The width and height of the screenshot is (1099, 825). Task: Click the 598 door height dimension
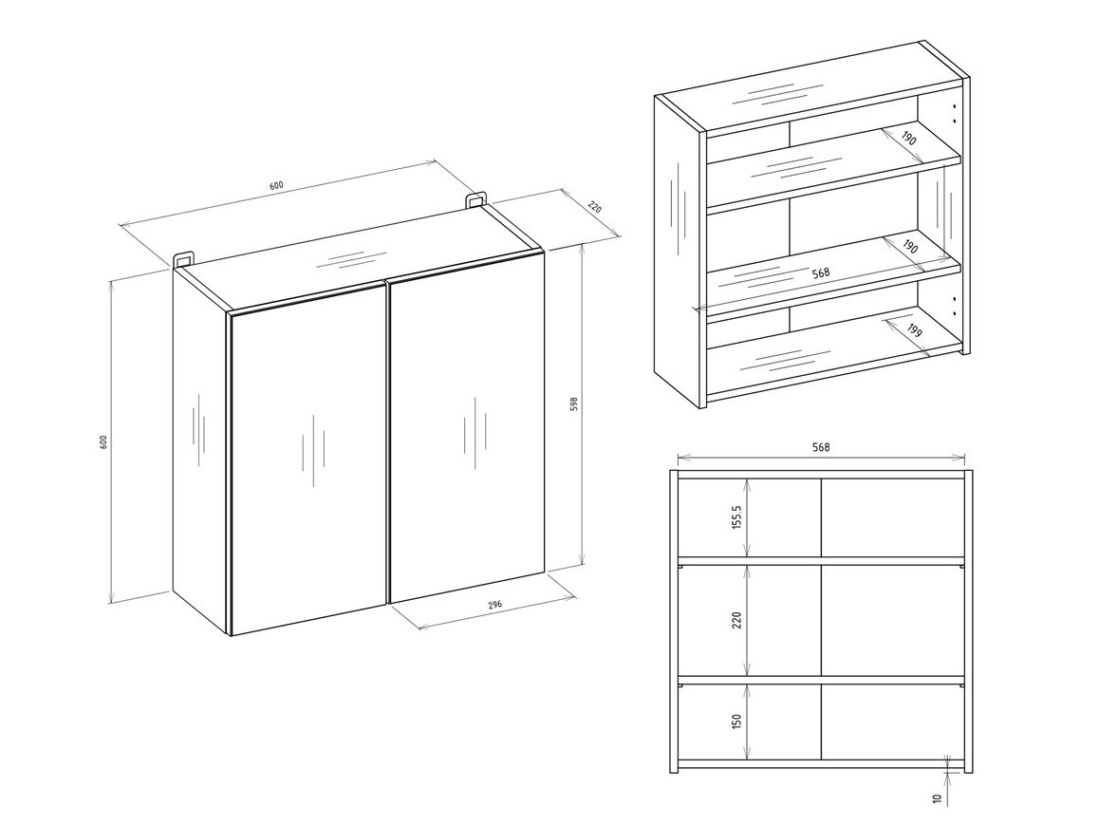[x=574, y=403]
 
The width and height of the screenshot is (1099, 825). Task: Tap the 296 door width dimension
[x=494, y=604]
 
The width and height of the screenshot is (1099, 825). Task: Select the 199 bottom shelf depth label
[x=914, y=332]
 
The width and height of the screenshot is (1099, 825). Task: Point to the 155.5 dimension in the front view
[x=736, y=517]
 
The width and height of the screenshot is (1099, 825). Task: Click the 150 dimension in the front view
[x=736, y=722]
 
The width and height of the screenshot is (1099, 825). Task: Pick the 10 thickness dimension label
[x=937, y=799]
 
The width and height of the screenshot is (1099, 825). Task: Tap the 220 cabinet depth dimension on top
[x=595, y=207]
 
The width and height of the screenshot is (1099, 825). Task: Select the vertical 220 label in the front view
[x=736, y=621]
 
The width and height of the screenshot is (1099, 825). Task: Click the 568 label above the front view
[x=822, y=448]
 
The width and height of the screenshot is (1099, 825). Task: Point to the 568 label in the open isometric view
[x=821, y=272]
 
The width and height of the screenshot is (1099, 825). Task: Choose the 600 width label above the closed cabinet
[x=276, y=185]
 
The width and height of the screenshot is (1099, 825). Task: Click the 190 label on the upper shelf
[x=909, y=140]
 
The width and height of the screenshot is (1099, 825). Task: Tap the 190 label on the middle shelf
[x=909, y=246]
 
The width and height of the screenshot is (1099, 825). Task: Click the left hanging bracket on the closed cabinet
[x=183, y=259]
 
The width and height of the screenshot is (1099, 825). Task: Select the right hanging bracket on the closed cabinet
[x=475, y=199]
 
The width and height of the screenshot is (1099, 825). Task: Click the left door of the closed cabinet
[x=308, y=456]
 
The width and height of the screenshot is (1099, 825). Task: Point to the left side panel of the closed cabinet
[x=200, y=446]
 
